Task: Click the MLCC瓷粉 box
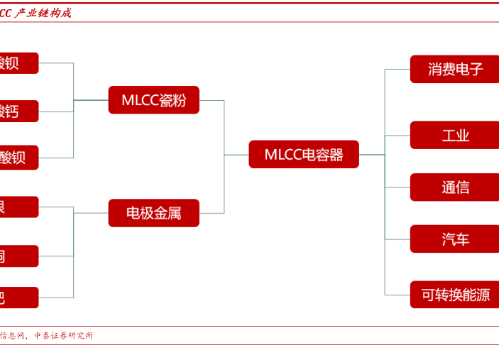coord(153,100)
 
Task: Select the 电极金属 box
coord(153,213)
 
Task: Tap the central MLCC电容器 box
coord(304,155)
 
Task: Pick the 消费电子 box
coord(454,69)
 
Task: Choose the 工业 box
coord(454,135)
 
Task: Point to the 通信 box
coord(454,187)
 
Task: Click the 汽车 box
coord(454,239)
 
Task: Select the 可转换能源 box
coord(454,295)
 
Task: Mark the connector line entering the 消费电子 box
coord(397,70)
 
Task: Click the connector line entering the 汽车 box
coord(397,239)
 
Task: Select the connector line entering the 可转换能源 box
coord(397,295)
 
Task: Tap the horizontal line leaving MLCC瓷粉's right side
coord(212,100)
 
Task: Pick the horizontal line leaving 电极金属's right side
coord(212,213)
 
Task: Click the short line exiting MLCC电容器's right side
coord(371,155)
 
